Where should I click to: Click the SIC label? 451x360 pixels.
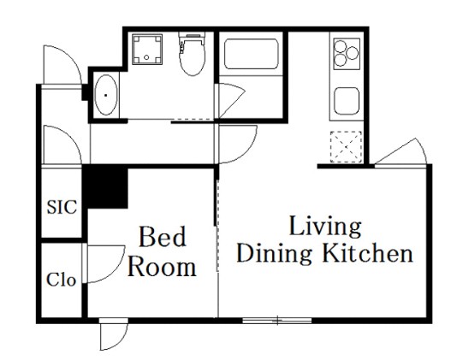pos(62,207)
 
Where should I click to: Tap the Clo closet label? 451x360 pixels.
pos(62,280)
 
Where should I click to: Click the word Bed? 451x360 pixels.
pos(163,237)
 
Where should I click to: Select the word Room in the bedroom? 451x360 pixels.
pos(162,267)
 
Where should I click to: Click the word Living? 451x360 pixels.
pos(325,227)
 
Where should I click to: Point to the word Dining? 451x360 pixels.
pos(274,254)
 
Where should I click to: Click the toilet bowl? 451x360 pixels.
pos(193,54)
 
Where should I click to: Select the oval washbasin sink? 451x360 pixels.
pos(106,95)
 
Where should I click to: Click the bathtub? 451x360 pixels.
pos(252,54)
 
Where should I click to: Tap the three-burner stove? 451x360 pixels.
pos(347,54)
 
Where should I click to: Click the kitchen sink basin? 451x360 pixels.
pos(347,101)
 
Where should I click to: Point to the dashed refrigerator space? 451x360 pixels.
pos(346,147)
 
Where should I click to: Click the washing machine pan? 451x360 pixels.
pos(147,49)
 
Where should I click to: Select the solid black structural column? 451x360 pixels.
pos(105,187)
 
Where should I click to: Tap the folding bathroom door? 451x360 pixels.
pos(231,101)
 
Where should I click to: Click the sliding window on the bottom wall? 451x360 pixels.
pos(277,320)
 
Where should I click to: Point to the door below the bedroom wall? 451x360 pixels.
pos(113,333)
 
